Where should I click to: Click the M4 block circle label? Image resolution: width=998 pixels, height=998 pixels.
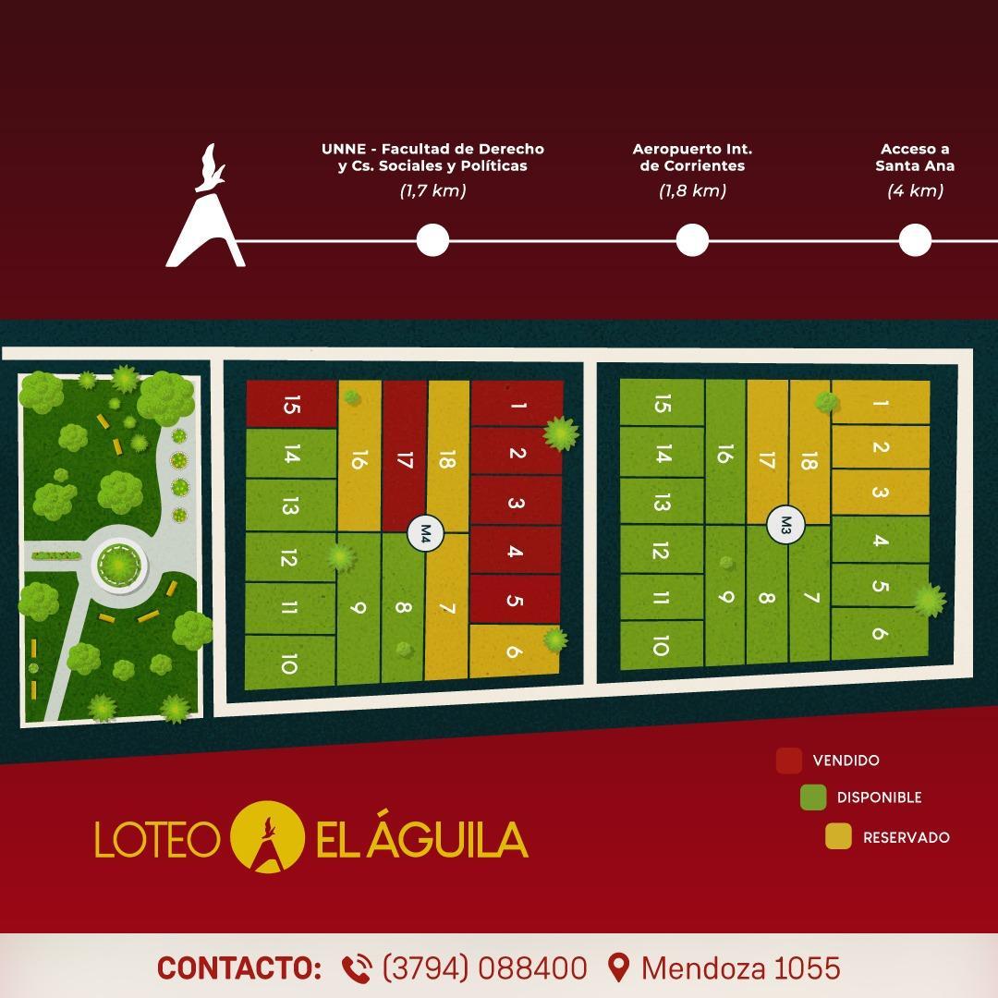click(x=426, y=532)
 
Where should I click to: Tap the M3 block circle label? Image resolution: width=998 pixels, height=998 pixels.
click(x=786, y=525)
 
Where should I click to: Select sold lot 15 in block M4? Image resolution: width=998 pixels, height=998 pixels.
click(x=291, y=405)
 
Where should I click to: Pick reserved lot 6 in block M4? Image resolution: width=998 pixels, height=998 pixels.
click(x=514, y=651)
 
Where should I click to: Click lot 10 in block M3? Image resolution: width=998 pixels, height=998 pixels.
click(x=660, y=645)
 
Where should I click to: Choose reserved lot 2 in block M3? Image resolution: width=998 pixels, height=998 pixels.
click(x=880, y=447)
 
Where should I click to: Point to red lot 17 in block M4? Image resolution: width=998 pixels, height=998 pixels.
click(x=404, y=453)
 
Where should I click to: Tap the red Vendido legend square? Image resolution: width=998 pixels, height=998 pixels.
click(x=788, y=761)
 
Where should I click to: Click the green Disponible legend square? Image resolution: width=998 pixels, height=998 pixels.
click(x=813, y=797)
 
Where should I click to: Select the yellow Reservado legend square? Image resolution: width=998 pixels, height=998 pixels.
click(x=838, y=837)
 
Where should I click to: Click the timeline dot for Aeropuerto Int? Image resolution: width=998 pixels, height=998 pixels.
click(x=692, y=240)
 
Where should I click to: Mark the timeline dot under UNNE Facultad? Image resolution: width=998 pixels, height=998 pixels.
click(x=432, y=240)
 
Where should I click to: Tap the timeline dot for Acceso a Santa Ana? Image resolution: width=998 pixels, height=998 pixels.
click(x=915, y=240)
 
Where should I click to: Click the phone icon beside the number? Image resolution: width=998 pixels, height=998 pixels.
click(x=357, y=968)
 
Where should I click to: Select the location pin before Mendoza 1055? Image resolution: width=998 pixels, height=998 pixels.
click(x=619, y=968)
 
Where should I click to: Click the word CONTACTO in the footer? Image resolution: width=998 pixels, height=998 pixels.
click(x=239, y=968)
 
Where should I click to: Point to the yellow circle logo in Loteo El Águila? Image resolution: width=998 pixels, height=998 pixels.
click(x=266, y=838)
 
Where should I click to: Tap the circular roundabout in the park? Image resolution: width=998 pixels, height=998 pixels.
click(x=119, y=563)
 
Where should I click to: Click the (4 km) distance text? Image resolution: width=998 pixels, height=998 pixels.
click(x=915, y=191)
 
